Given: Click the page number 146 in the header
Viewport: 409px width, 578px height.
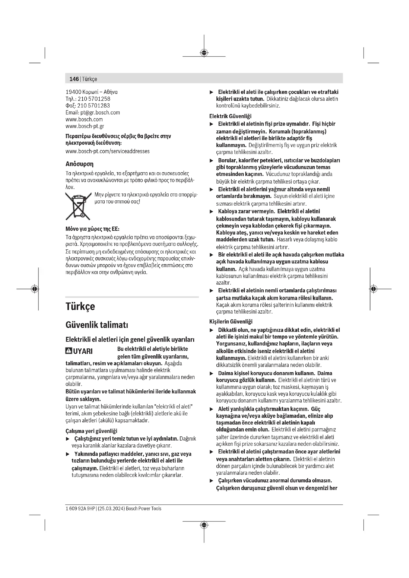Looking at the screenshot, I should (x=74, y=79).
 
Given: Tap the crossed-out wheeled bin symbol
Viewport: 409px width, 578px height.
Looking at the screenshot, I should (x=78, y=206).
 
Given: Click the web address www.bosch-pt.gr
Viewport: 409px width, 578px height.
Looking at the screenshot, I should (x=85, y=126).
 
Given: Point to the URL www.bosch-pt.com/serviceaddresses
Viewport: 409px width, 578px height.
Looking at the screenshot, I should (x=108, y=151).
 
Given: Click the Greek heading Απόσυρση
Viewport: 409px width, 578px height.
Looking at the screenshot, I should (x=79, y=164).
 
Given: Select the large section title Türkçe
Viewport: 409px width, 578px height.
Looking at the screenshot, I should (x=80, y=306).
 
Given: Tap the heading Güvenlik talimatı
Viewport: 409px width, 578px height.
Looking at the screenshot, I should (x=97, y=325).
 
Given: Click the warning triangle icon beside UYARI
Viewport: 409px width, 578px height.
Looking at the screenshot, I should (x=68, y=351).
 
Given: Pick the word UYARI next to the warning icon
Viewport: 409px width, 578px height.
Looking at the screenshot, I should (x=83, y=351).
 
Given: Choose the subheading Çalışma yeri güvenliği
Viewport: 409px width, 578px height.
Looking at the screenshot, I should (x=91, y=431).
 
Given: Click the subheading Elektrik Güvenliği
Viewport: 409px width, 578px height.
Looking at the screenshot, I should (x=230, y=116).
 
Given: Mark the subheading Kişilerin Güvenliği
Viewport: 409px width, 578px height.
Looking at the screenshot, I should (x=231, y=321).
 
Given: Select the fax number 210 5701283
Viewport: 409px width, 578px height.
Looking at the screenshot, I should (x=93, y=106).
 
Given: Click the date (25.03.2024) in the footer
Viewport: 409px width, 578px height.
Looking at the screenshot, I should (x=111, y=509).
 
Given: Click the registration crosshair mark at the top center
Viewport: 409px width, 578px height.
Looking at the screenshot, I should (x=204, y=53).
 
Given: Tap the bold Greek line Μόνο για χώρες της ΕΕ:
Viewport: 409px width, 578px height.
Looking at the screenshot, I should (x=92, y=229).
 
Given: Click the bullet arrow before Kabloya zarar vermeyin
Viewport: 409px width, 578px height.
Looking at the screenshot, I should (x=212, y=212).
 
